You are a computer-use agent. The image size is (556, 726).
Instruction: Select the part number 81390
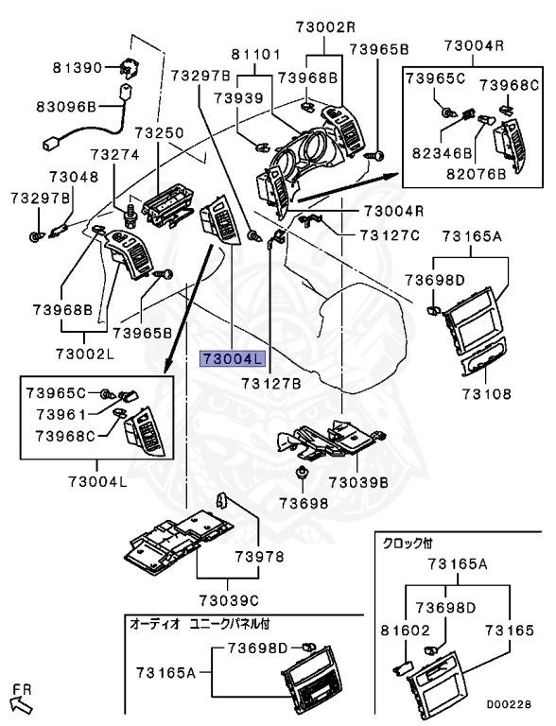(x=78, y=68)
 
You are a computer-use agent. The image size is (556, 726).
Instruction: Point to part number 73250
(x=159, y=135)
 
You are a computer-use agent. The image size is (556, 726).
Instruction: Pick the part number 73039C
(x=231, y=599)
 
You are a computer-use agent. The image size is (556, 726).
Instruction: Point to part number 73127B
(x=270, y=384)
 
